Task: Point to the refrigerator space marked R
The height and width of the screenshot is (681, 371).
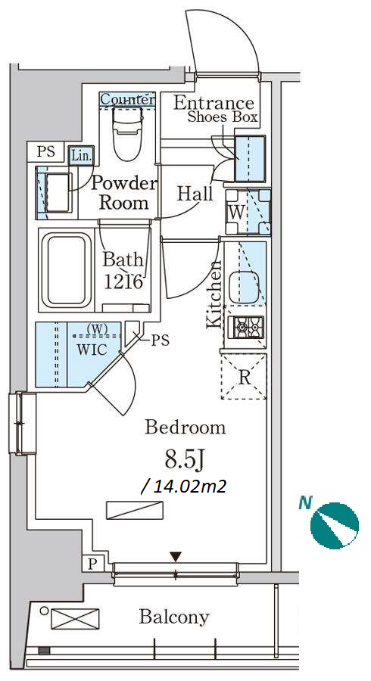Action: pyautogui.click(x=244, y=377)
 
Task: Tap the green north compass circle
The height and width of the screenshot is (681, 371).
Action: pyautogui.click(x=334, y=526)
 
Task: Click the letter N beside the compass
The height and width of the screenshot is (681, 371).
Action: pyautogui.click(x=305, y=503)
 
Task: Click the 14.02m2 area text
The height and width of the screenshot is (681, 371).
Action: pyautogui.click(x=184, y=487)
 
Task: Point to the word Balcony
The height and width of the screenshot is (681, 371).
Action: pyautogui.click(x=174, y=617)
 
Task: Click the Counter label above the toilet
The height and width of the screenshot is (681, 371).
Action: pyautogui.click(x=127, y=99)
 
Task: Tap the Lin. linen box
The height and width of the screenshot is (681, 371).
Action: pyautogui.click(x=81, y=156)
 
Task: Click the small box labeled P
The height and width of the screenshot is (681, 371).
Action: pyautogui.click(x=92, y=564)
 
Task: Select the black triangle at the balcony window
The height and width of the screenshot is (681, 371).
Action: pyautogui.click(x=175, y=556)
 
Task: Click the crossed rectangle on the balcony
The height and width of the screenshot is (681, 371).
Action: pyautogui.click(x=75, y=618)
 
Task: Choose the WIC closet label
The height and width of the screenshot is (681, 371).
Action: pyautogui.click(x=92, y=350)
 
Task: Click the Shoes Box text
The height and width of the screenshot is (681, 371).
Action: pyautogui.click(x=223, y=117)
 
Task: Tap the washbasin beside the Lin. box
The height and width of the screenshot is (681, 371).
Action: pyautogui.click(x=58, y=192)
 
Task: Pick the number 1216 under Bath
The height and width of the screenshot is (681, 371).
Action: pyautogui.click(x=124, y=282)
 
